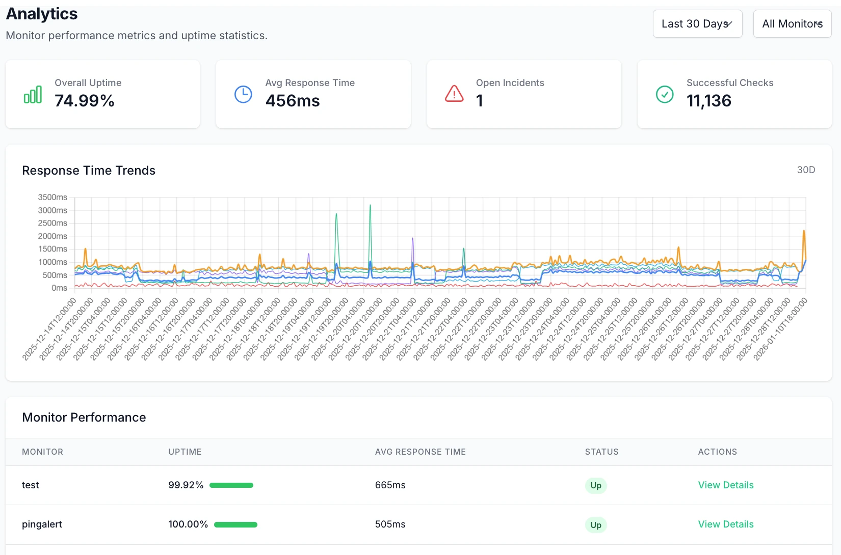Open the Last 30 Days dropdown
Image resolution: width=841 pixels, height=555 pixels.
pos(697,24)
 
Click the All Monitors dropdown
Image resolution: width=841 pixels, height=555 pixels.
pos(792,24)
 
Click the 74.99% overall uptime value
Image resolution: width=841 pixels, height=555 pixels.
pos(85,101)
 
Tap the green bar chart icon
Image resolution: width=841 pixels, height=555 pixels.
pos(33,95)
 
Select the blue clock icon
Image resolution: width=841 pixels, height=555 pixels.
pos(243,94)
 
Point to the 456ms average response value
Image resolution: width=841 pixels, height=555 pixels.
pos(293,101)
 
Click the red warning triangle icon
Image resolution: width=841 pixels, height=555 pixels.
pos(454,94)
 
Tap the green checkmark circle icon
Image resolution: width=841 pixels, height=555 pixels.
pos(665,94)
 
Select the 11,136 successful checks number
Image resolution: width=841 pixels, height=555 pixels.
pos(708,101)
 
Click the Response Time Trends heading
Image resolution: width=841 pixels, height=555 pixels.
pos(89,171)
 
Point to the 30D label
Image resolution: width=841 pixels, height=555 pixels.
pos(806,170)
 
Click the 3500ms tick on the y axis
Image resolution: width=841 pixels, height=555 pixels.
pos(52,197)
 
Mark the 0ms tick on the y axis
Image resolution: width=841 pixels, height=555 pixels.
pos(59,288)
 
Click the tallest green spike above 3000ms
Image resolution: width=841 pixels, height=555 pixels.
pos(370,206)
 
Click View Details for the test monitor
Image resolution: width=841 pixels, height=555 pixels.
pos(725,485)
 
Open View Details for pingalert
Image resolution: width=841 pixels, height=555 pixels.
pos(725,524)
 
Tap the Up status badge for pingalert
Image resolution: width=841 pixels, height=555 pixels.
pos(595,525)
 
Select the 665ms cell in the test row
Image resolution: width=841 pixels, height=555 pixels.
pos(390,485)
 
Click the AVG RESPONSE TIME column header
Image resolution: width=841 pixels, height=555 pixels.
pos(420,452)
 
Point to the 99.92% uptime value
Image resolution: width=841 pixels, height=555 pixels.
pos(186,485)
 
